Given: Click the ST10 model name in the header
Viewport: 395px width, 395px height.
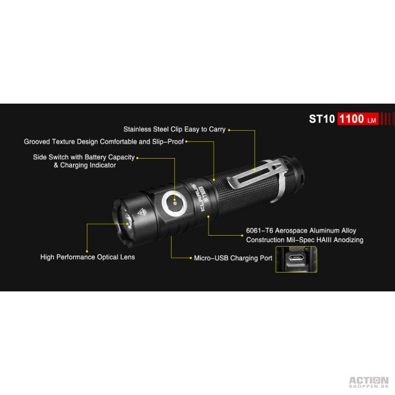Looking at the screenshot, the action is pyautogui.click(x=322, y=119).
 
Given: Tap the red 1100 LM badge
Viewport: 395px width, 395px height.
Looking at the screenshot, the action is pyautogui.click(x=357, y=119).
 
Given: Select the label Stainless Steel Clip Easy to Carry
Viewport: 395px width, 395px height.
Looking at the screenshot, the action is pyautogui.click(x=174, y=130).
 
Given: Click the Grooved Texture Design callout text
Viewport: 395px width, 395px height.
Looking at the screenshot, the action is pyautogui.click(x=104, y=142).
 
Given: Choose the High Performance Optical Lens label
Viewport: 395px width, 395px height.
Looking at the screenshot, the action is pyautogui.click(x=87, y=257).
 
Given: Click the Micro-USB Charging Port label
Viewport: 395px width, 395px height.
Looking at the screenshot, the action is pyautogui.click(x=233, y=258).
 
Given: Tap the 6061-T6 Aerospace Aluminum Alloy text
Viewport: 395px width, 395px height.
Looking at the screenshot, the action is pyautogui.click(x=301, y=231).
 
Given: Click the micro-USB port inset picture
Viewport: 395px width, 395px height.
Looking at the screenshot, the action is pyautogui.click(x=297, y=260).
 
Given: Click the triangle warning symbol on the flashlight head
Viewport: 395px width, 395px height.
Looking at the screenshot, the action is pyautogui.click(x=142, y=212).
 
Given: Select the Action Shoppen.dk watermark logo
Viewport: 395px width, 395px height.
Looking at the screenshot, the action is pyautogui.click(x=368, y=382).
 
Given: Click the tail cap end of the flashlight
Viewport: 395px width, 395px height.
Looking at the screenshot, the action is pyautogui.click(x=296, y=174).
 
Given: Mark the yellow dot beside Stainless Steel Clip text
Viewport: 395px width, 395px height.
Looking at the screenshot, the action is pyautogui.click(x=229, y=130).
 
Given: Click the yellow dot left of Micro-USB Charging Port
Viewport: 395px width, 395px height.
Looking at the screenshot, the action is pyautogui.click(x=190, y=258).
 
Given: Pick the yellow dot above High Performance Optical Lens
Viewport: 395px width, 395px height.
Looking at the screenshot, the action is pyautogui.click(x=87, y=251).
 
